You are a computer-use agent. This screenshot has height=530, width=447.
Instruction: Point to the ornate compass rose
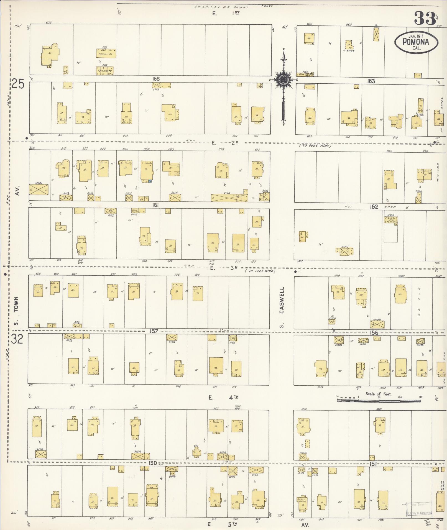[x=283, y=80]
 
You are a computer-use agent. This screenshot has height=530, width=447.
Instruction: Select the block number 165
[x=156, y=79]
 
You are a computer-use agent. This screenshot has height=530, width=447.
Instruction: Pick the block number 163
[x=371, y=81]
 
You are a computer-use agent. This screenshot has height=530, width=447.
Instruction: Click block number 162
[x=374, y=207]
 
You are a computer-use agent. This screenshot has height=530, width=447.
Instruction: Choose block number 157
[x=154, y=331]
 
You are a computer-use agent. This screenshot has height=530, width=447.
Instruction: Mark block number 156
[x=374, y=332]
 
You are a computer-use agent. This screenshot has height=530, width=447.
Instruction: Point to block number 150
[x=152, y=463]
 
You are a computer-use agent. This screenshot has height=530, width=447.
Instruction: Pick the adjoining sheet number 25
[x=18, y=84]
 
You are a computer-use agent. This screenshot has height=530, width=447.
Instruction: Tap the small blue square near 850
[x=150, y=181]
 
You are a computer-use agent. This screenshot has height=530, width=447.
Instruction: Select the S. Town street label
[x=16, y=311]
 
